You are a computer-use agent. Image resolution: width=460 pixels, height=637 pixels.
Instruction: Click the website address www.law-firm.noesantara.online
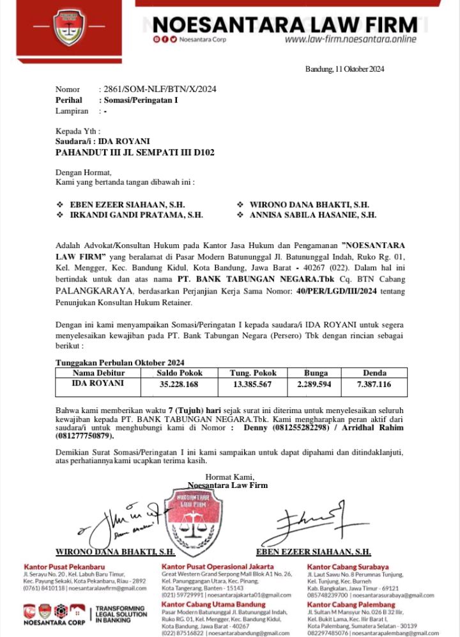(x=350, y=39)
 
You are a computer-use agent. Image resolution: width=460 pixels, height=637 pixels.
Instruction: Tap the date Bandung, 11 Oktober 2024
(x=344, y=69)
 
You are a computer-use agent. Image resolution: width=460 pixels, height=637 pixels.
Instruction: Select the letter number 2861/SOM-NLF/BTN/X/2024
(x=160, y=89)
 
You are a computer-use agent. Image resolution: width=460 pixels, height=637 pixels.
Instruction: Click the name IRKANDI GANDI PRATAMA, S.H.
(x=136, y=216)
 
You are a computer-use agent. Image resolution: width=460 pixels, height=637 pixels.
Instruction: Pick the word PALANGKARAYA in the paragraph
(x=86, y=292)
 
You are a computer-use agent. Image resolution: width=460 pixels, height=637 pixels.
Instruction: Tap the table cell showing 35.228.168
(x=178, y=384)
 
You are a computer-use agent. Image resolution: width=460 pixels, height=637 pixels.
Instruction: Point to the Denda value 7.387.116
(x=374, y=384)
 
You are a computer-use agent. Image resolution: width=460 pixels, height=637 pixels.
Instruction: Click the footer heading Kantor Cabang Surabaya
(x=348, y=567)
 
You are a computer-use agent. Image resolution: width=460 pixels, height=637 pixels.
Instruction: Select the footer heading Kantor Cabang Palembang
(x=351, y=604)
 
